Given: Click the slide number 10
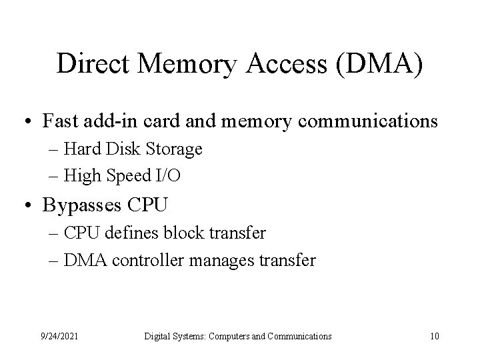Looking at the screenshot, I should click(434, 337).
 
